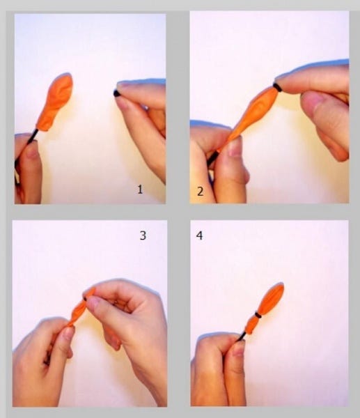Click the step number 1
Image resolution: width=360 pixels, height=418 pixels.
pyautogui.click(x=140, y=189)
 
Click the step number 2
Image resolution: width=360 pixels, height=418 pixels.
pyautogui.click(x=201, y=192)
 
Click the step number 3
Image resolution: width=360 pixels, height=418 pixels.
pyautogui.click(x=143, y=235)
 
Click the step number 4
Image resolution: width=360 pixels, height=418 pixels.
pyautogui.click(x=199, y=235)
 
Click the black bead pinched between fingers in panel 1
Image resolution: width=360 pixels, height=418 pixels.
pyautogui.click(x=116, y=93)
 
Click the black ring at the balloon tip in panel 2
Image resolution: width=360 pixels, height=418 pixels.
pyautogui.click(x=277, y=88)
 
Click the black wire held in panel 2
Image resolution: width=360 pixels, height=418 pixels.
pyautogui.click(x=212, y=160)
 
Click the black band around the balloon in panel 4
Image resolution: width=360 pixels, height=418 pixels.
pyautogui.click(x=258, y=315)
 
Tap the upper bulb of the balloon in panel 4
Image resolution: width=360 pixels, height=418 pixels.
pyautogui.click(x=270, y=299)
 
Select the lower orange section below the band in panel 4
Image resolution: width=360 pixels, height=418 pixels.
pyautogui.click(x=251, y=325)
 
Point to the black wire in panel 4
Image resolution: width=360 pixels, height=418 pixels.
pyautogui.click(x=241, y=337)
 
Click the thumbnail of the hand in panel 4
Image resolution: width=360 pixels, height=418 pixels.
pyautogui.click(x=238, y=350)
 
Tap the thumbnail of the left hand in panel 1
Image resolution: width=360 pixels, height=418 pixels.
pyautogui.click(x=31, y=150)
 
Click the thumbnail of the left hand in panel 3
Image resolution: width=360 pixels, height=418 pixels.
pyautogui.click(x=68, y=334)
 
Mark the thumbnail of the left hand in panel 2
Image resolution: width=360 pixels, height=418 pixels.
pyautogui.click(x=235, y=148)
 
